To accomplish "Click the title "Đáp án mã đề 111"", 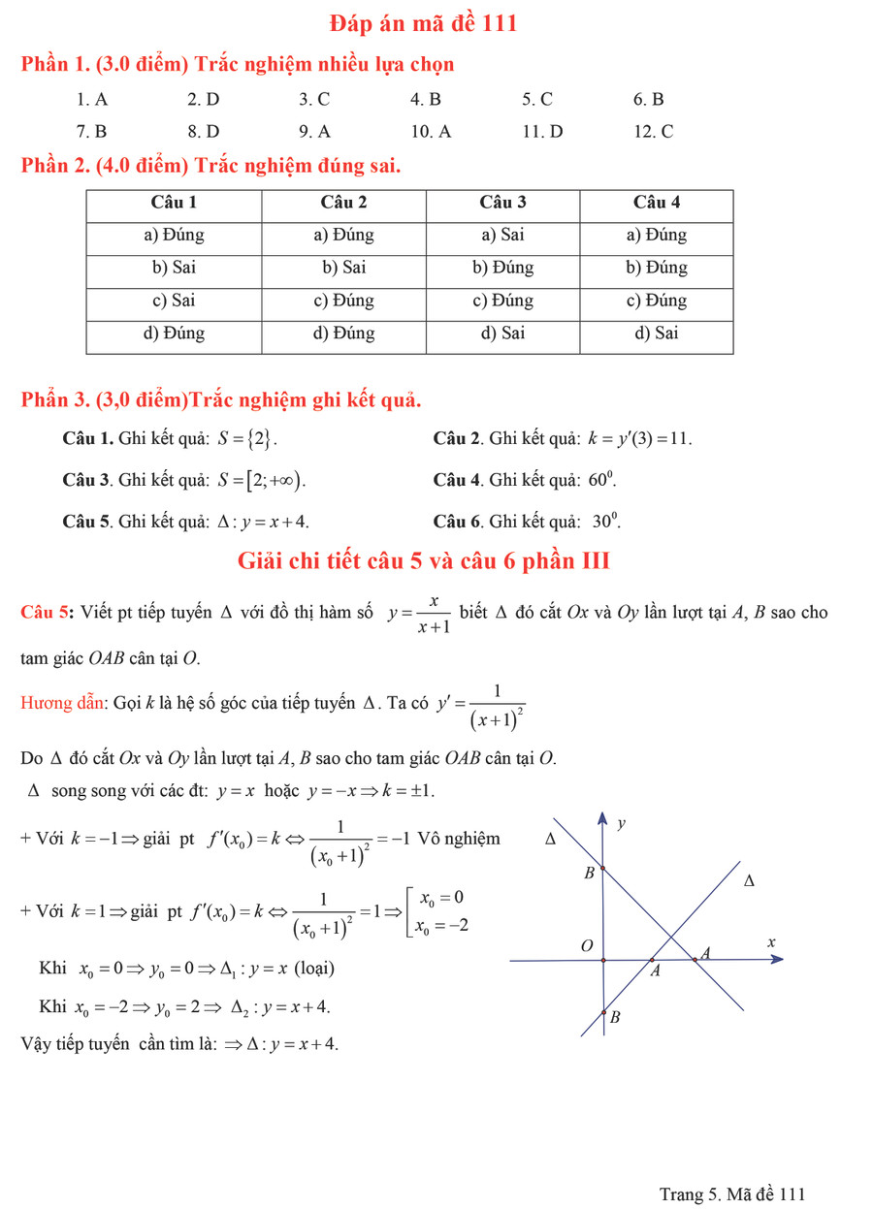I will [423, 23].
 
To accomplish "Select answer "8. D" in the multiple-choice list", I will [204, 131].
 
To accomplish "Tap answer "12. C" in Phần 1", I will [653, 131].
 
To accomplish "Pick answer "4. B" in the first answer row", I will [426, 98].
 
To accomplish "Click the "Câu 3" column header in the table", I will [502, 203].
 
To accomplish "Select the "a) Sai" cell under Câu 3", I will [502, 235].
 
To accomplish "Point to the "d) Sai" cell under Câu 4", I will [657, 334].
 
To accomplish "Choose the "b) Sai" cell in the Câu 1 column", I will [174, 268].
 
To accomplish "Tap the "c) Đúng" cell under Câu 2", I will [343, 301].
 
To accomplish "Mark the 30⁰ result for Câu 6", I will [605, 522].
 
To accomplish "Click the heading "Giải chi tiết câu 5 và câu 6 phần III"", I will [423, 561].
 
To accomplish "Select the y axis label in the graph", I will [622, 824].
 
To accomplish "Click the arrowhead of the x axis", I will [776, 960].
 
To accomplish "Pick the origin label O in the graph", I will [585, 945].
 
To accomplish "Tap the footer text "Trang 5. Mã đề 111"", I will [731, 1193].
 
